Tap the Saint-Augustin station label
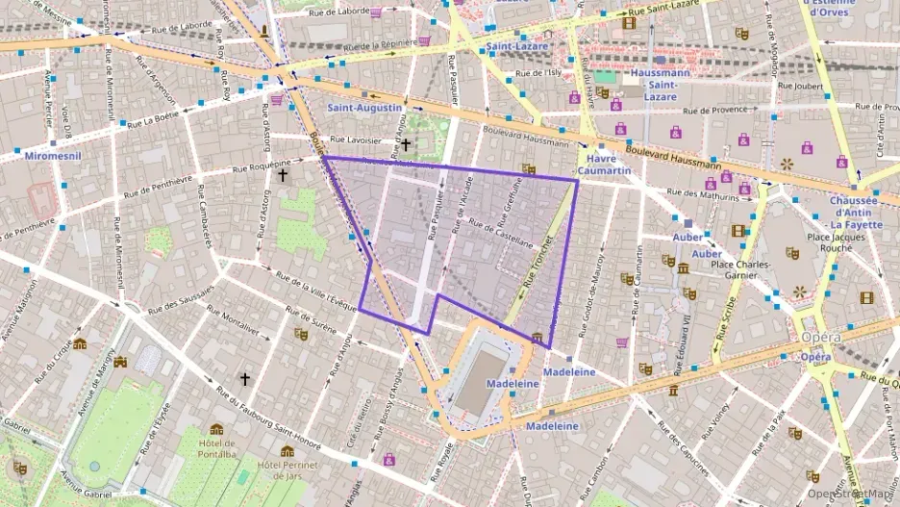pos(364,108)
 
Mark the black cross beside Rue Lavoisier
pos(406,145)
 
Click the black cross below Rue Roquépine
pos(283,175)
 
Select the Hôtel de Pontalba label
pos(216,447)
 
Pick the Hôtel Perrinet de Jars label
pos(287,469)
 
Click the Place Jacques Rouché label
pos(844,241)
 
